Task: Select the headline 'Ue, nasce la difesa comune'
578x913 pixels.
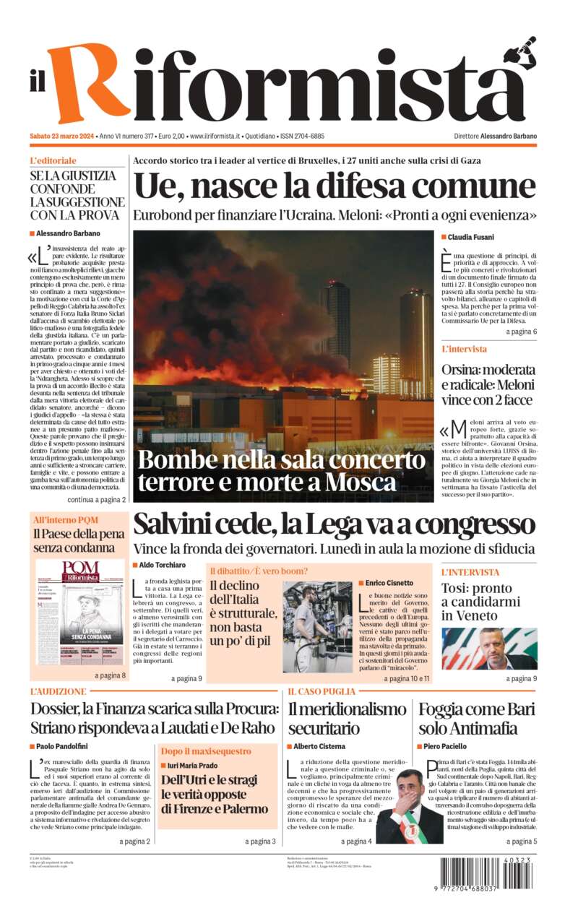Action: [x=335, y=186]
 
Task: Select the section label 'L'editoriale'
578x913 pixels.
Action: [x=53, y=160]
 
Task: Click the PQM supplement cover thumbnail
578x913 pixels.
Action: [x=80, y=613]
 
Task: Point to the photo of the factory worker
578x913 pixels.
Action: [x=317, y=627]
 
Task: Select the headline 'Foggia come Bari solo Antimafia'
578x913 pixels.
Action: [x=476, y=717]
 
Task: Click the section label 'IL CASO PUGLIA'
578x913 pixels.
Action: [x=321, y=691]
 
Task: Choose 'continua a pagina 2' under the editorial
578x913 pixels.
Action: [x=96, y=499]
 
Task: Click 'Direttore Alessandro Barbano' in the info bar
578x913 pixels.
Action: [x=495, y=136]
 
